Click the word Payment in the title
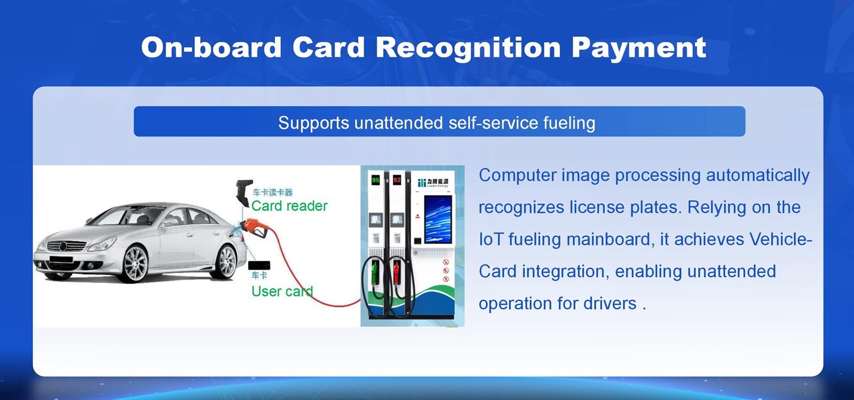(638, 47)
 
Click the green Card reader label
(289, 206)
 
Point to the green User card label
(282, 291)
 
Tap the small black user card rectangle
(259, 265)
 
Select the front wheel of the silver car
(135, 264)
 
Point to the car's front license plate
(60, 260)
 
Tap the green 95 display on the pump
(375, 180)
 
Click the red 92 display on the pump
(397, 180)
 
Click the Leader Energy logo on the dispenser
(433, 182)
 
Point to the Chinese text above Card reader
(272, 193)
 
